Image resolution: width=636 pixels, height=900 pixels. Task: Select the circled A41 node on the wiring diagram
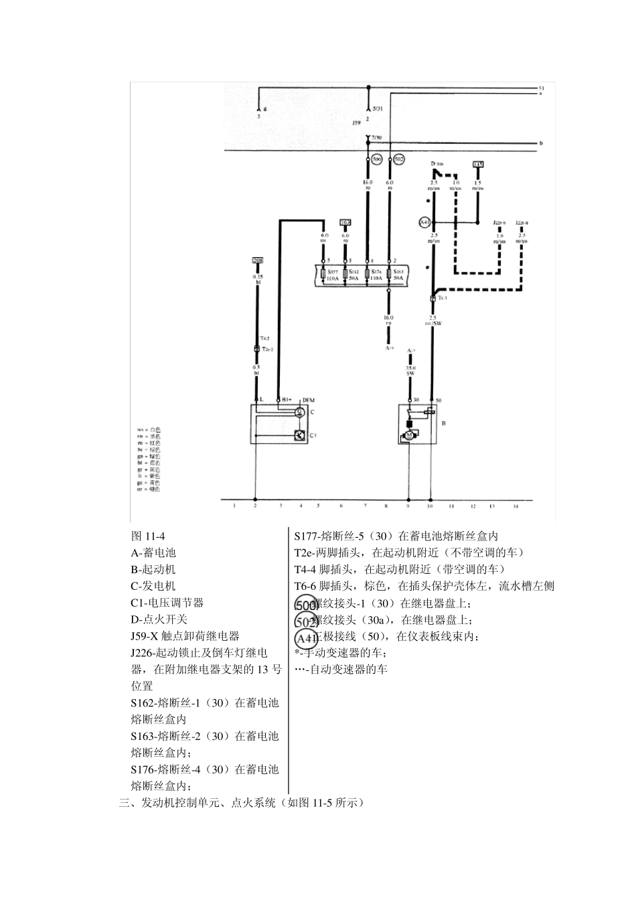(424, 222)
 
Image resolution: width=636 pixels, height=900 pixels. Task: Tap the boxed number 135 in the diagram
(477, 164)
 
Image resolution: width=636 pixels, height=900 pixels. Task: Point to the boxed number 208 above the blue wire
(257, 260)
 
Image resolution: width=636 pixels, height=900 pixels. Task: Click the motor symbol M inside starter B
(409, 435)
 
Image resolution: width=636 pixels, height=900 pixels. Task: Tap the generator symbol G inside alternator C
(300, 412)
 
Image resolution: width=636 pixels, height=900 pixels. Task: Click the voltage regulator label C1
(312, 435)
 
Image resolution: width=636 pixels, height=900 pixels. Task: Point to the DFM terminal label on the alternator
(308, 400)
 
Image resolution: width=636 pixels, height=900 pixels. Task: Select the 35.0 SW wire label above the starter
(410, 370)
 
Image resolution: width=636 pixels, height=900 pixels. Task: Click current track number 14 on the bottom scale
(515, 506)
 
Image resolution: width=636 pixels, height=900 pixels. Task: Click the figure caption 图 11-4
(148, 536)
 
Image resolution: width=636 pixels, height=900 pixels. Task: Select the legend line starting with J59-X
(185, 636)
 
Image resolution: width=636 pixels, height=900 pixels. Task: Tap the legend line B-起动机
(153, 570)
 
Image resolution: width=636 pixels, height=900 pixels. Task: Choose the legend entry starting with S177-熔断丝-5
(396, 536)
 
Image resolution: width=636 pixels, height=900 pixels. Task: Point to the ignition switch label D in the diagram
(433, 163)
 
